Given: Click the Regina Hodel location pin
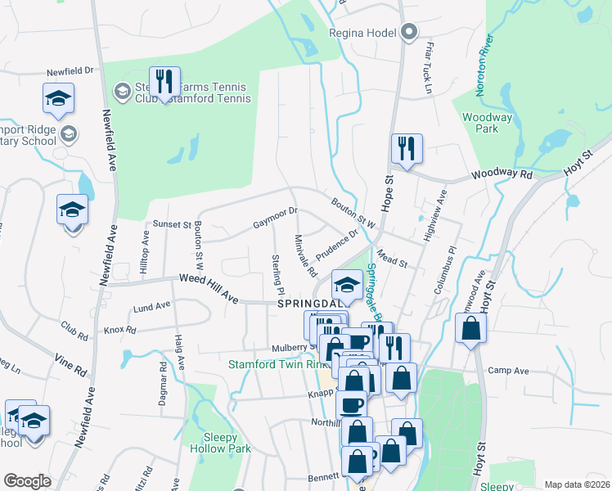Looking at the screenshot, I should (x=409, y=34).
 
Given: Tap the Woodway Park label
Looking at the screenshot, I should (x=488, y=123).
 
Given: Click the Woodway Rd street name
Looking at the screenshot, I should (x=502, y=175).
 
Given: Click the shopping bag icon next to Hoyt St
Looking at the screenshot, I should (x=472, y=329).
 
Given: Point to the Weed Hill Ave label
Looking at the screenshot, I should (x=209, y=290).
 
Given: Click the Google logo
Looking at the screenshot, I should (x=28, y=481).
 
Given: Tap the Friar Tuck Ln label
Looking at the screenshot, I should (x=427, y=61).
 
